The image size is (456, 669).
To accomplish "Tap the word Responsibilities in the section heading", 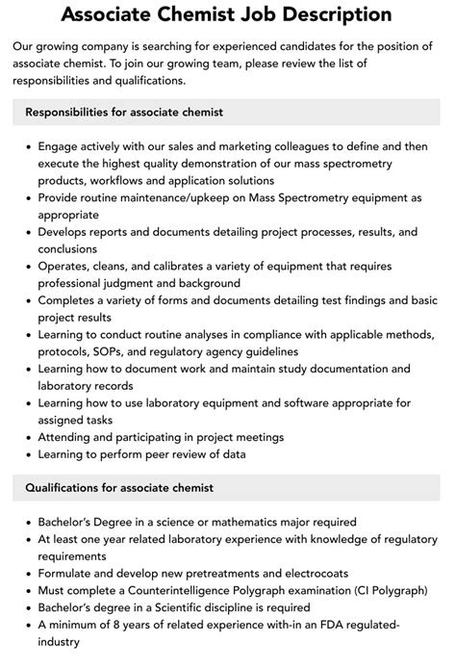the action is [x=70, y=113].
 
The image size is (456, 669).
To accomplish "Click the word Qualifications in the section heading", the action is [x=63, y=488].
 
